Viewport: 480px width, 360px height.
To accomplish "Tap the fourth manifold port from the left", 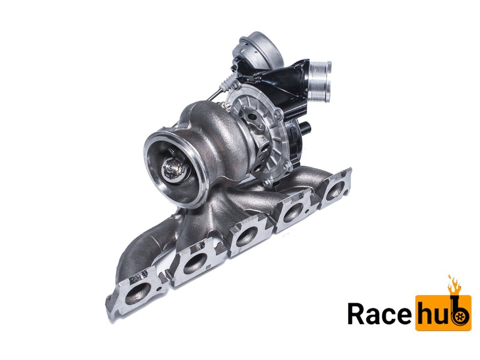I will (293, 212).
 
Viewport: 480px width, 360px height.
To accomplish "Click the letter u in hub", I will (442, 314).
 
